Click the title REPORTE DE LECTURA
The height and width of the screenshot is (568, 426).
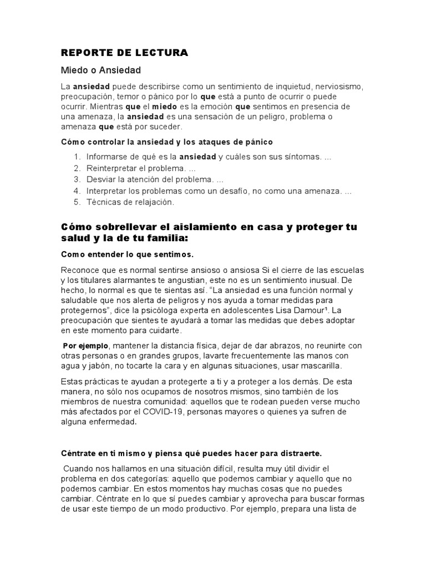pyautogui.click(x=125, y=53)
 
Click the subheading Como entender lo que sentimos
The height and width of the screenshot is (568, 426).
pyautogui.click(x=127, y=254)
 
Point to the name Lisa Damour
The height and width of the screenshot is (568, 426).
pyautogui.click(x=312, y=310)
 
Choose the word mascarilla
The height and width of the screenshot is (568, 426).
pyautogui.click(x=327, y=366)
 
